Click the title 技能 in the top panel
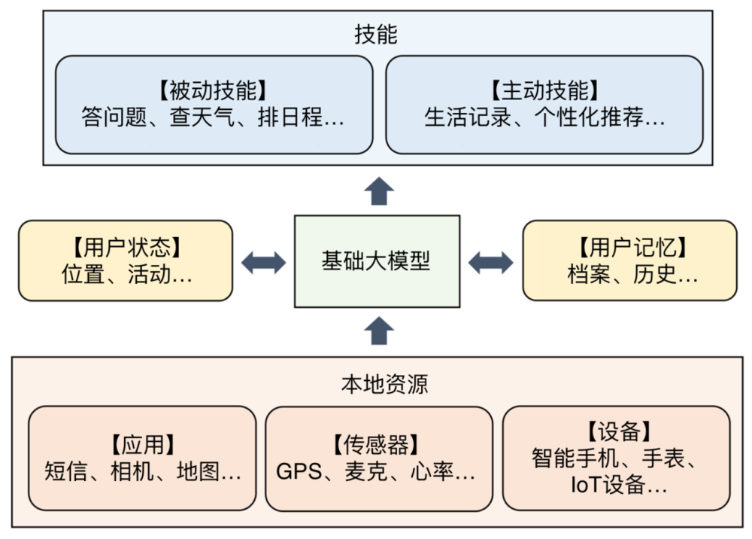click(x=376, y=35)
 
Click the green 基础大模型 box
click(x=377, y=261)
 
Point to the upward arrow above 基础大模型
click(x=379, y=191)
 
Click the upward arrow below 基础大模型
click(x=379, y=330)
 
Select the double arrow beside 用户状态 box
click(x=263, y=263)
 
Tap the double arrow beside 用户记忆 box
click(x=490, y=263)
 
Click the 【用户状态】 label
click(x=126, y=248)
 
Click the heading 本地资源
click(x=384, y=385)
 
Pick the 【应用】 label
click(x=142, y=444)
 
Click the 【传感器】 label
click(x=376, y=444)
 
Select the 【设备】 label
click(x=619, y=431)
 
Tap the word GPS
click(x=299, y=472)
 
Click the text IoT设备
click(x=608, y=485)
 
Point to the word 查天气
click(x=202, y=117)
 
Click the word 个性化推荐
click(x=589, y=117)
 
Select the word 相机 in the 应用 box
click(x=132, y=471)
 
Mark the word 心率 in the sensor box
click(x=432, y=471)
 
